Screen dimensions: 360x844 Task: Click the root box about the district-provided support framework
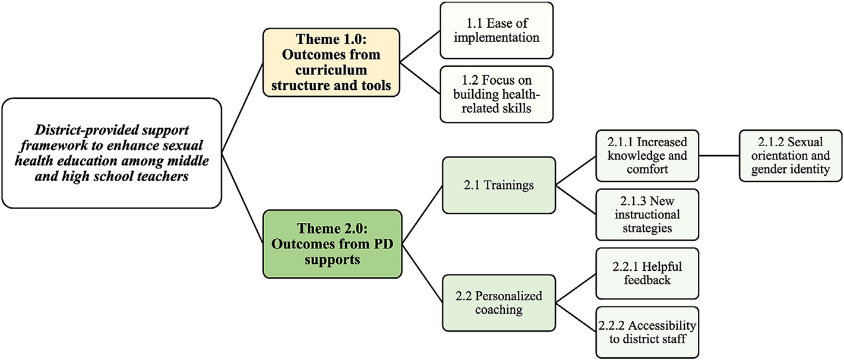[x=112, y=153]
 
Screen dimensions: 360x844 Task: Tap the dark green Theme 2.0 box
[x=331, y=244]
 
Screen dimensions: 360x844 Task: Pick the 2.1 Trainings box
[x=498, y=185]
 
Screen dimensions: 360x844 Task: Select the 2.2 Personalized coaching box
[x=498, y=302]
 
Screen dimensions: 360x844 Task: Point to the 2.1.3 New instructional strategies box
[x=647, y=214]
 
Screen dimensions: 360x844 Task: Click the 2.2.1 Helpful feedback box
[x=647, y=273]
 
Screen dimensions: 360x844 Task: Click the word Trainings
[x=508, y=185]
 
